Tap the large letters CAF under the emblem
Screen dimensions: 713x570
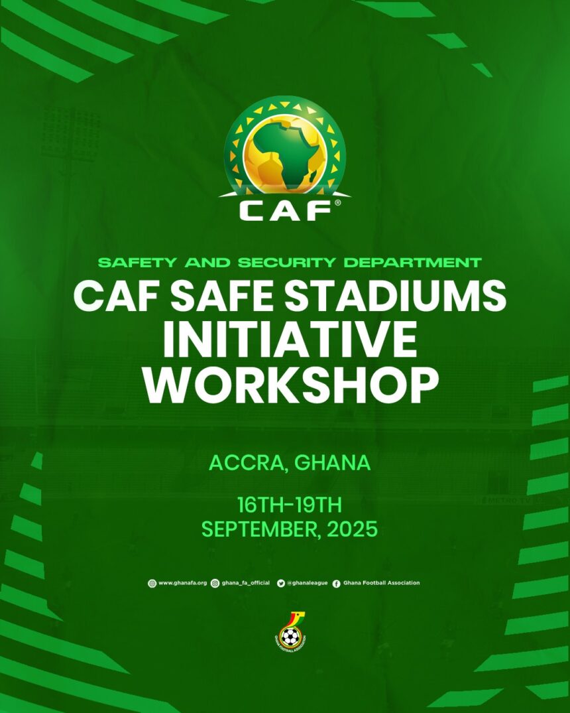pos(285,210)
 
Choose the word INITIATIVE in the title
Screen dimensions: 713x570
pos(290,339)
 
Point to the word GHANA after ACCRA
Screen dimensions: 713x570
pos(332,463)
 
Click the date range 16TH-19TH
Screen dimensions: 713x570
pos(290,505)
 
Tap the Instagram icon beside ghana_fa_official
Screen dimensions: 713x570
pos(215,583)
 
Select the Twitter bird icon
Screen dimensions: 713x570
pos(281,583)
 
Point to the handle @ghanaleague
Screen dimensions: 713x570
pos(308,583)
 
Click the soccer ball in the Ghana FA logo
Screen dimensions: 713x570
pos(289,637)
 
